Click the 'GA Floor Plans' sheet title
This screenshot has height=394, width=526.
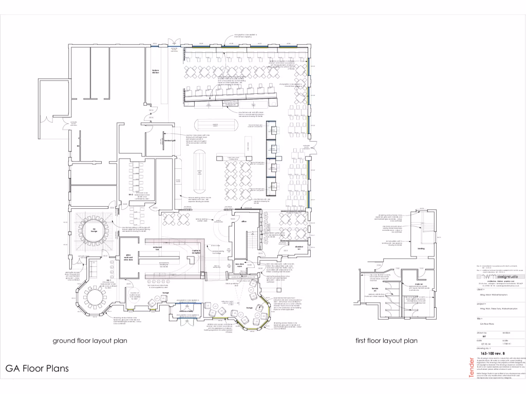click(x=37, y=368)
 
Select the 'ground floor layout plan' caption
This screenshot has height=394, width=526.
click(x=90, y=340)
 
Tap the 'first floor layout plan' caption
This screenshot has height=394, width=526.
click(x=386, y=340)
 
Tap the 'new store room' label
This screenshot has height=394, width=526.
click(x=239, y=265)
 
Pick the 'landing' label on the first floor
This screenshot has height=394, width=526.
click(x=421, y=249)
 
